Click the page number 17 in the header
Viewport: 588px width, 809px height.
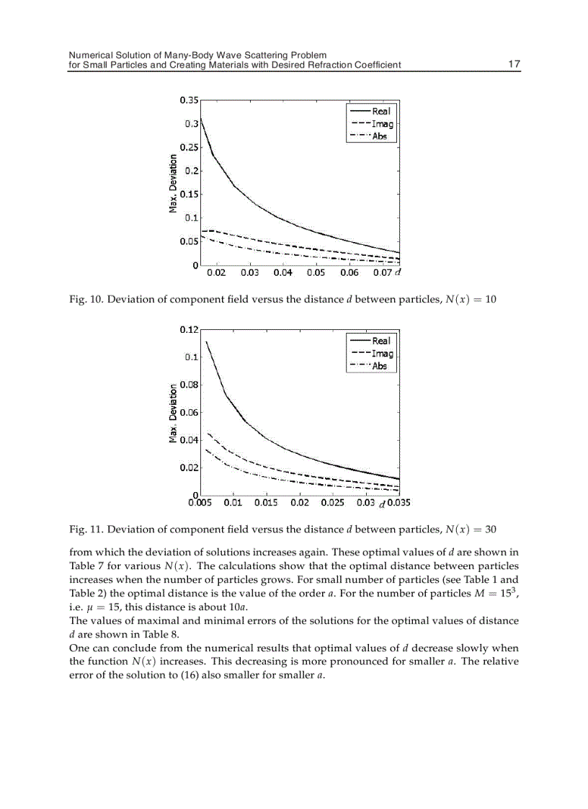point(514,64)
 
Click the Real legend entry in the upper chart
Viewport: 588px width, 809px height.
point(381,112)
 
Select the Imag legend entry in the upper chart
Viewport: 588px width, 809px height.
point(382,124)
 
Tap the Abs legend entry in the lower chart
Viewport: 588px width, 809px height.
point(380,366)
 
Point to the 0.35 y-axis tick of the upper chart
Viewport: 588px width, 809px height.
point(190,100)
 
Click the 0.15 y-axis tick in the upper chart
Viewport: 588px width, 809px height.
point(190,195)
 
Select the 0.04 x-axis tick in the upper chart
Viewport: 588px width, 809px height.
point(282,274)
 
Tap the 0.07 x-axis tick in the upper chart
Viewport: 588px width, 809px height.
point(382,274)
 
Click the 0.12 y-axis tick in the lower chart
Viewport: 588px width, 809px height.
point(190,329)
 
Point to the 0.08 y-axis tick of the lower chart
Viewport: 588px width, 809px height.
point(190,385)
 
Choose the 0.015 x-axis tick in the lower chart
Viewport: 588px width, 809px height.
point(266,503)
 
